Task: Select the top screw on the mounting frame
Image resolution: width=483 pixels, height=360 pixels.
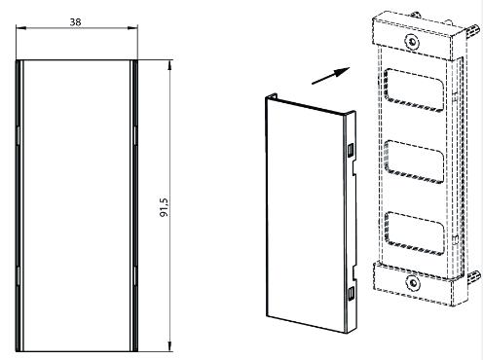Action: tap(413, 45)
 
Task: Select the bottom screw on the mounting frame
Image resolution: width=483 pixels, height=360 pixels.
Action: tap(414, 285)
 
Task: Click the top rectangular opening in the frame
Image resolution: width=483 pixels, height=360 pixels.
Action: tap(415, 90)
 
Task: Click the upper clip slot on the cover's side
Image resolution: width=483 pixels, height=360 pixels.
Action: tap(349, 149)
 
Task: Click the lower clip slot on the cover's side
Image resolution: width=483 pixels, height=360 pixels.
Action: tap(350, 292)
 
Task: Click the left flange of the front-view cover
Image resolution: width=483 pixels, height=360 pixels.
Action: tap(19, 204)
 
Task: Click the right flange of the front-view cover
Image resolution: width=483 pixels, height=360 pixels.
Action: tap(133, 204)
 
